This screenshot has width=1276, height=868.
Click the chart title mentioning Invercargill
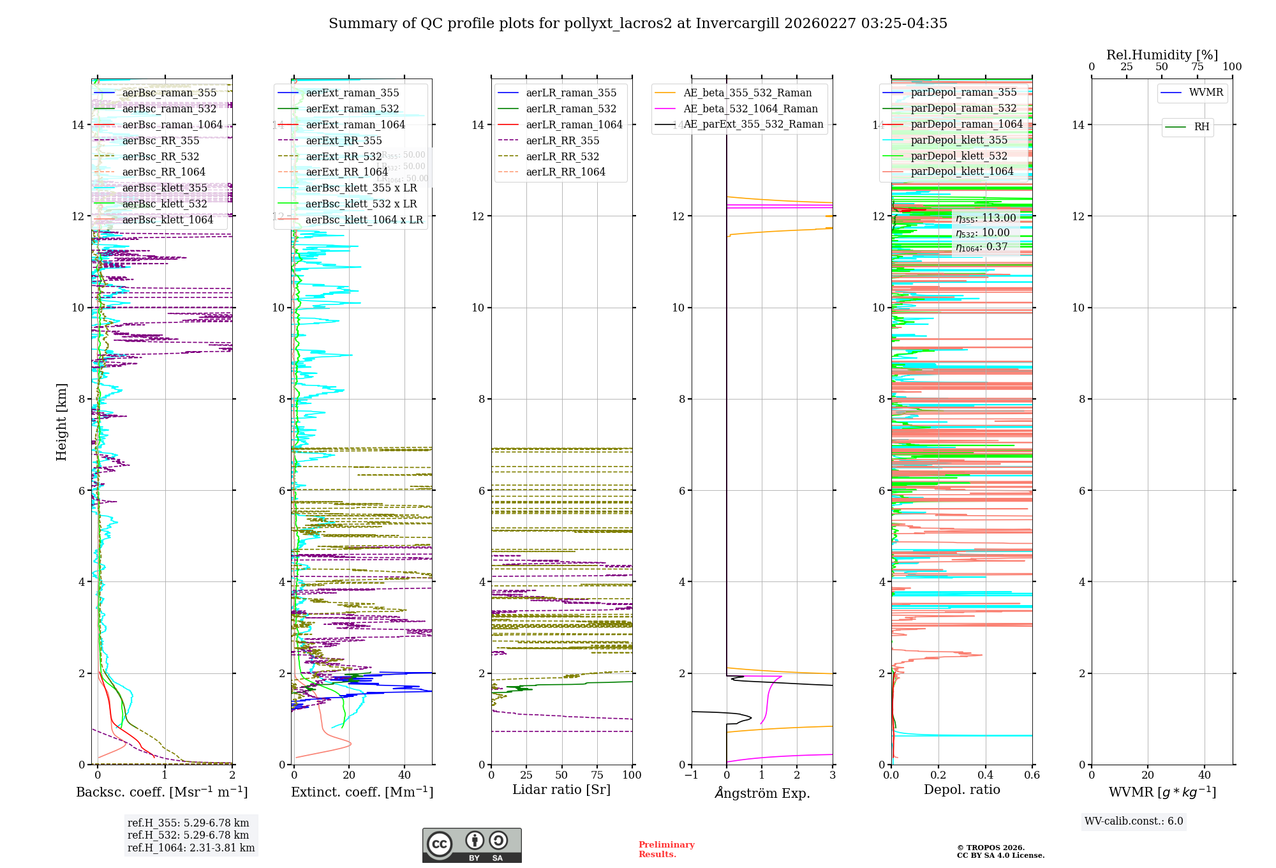coord(638,24)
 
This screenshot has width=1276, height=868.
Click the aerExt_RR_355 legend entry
coord(344,141)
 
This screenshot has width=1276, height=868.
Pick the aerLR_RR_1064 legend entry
coord(565,172)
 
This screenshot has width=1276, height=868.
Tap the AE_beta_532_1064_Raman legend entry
coord(750,109)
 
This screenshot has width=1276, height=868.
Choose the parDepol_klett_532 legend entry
coord(958,156)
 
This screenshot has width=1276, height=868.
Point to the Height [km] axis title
coord(61,421)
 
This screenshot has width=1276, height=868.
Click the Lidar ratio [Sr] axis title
coord(561,790)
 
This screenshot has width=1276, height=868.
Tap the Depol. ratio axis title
coord(961,790)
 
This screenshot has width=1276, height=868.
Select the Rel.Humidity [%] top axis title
coord(1162,55)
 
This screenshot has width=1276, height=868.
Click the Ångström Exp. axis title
coord(762,793)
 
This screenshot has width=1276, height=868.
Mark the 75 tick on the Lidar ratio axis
coord(597,775)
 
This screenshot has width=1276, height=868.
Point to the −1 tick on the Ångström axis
coord(692,775)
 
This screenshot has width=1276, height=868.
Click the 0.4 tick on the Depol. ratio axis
coord(985,775)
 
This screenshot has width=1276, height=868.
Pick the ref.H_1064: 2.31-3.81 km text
coord(191,848)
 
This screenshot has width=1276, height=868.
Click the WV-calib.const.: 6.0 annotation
coord(1134,821)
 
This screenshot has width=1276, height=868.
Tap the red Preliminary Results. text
coord(666,849)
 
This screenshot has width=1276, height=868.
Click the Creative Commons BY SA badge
coord(471,846)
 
